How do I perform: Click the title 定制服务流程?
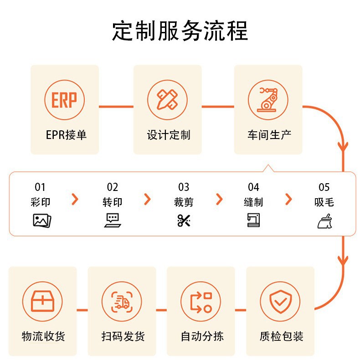point(180,31)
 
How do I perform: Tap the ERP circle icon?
point(64,100)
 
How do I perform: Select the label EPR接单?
point(66,135)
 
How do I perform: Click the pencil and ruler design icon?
point(167,100)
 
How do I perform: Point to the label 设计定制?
point(168,135)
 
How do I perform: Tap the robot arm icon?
point(268,100)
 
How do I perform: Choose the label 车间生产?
point(269,135)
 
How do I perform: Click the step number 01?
point(41,187)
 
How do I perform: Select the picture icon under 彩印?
point(42,221)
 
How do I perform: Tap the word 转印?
point(112,202)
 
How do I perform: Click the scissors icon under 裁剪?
point(184,221)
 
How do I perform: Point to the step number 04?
point(253,187)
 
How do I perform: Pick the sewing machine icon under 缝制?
point(253,221)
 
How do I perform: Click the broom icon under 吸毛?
point(324,221)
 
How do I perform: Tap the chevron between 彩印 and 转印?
point(75,199)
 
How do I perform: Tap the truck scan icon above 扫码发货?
point(122,301)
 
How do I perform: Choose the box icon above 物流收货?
point(42,301)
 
